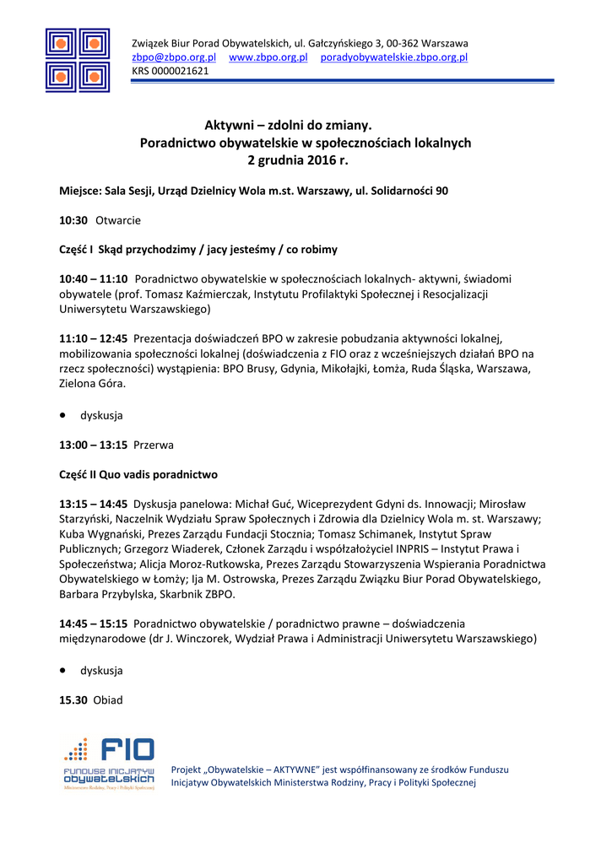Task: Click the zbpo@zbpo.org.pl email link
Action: [x=174, y=57]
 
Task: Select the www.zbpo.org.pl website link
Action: [x=268, y=57]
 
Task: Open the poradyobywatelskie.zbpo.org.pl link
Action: [x=393, y=57]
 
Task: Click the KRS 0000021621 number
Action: [x=170, y=71]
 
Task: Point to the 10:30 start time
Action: [x=73, y=220]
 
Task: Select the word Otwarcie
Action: [x=118, y=220]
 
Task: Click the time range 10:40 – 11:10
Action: [x=93, y=278]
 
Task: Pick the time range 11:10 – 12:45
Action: [x=93, y=337]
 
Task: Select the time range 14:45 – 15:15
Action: [x=93, y=624]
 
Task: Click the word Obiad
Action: [x=108, y=700]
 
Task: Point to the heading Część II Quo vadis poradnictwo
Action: [x=138, y=474]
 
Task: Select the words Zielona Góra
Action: [x=92, y=383]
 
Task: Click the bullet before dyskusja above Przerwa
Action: [x=63, y=415]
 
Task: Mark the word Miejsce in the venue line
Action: [x=79, y=192]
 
